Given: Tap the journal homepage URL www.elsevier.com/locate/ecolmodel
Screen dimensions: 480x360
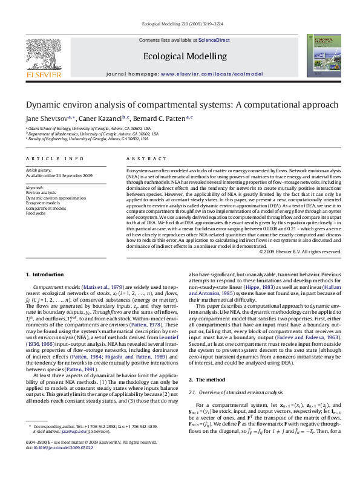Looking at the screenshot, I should coord(203,73).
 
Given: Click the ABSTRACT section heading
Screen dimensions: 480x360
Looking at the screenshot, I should coord(138,158).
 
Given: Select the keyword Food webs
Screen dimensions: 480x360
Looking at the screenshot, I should coord(35,213).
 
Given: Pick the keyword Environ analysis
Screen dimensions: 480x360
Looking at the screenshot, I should coord(41,193).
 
